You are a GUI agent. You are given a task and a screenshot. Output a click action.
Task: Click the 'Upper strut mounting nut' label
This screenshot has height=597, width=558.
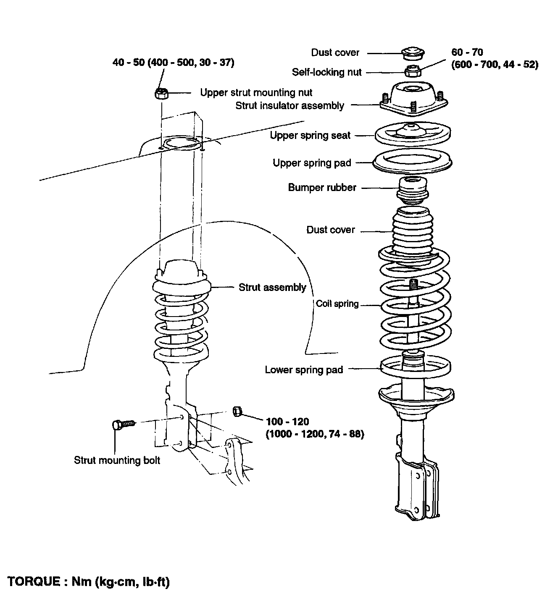[256, 93]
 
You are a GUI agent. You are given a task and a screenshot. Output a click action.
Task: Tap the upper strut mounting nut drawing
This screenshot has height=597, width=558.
[161, 94]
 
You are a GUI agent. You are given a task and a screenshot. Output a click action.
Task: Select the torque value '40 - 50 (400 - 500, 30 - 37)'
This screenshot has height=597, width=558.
[173, 63]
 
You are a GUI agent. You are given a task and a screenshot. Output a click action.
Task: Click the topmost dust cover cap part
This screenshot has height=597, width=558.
[412, 53]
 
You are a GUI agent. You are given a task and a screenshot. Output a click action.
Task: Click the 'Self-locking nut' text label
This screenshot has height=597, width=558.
[326, 72]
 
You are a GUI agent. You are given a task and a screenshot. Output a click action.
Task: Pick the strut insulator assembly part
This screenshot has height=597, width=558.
[413, 99]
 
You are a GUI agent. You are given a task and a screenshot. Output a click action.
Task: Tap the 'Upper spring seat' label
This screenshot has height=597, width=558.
[310, 136]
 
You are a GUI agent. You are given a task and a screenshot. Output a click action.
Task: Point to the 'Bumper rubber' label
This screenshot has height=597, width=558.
[322, 188]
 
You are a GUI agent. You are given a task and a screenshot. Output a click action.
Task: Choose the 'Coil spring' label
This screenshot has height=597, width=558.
[337, 304]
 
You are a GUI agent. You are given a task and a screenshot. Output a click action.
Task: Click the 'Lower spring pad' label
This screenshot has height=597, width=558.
[304, 370]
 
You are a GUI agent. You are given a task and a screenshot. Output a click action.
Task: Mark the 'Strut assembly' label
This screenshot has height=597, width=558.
[272, 288]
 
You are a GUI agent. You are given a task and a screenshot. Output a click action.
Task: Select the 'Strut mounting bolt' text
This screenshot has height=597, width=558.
[117, 460]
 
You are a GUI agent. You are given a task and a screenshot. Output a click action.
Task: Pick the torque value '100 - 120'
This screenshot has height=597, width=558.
[287, 422]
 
